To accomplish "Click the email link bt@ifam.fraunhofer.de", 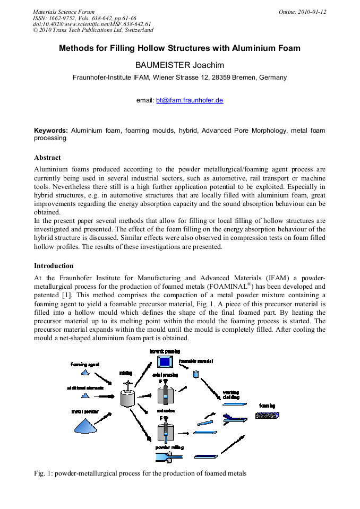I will [189, 100].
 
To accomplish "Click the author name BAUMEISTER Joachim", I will [179, 65].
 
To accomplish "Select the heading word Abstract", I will [47, 158].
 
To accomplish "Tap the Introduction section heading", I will [54, 266].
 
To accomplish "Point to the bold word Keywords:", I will [51, 131].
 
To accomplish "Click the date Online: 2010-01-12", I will [302, 12].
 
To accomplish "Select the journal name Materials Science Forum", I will [64, 12].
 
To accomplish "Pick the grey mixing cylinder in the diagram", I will [127, 397].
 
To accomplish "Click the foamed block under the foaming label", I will [267, 415].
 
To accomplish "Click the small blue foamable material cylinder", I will [195, 374].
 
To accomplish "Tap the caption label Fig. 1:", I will [43, 473].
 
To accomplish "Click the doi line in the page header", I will [92, 24].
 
